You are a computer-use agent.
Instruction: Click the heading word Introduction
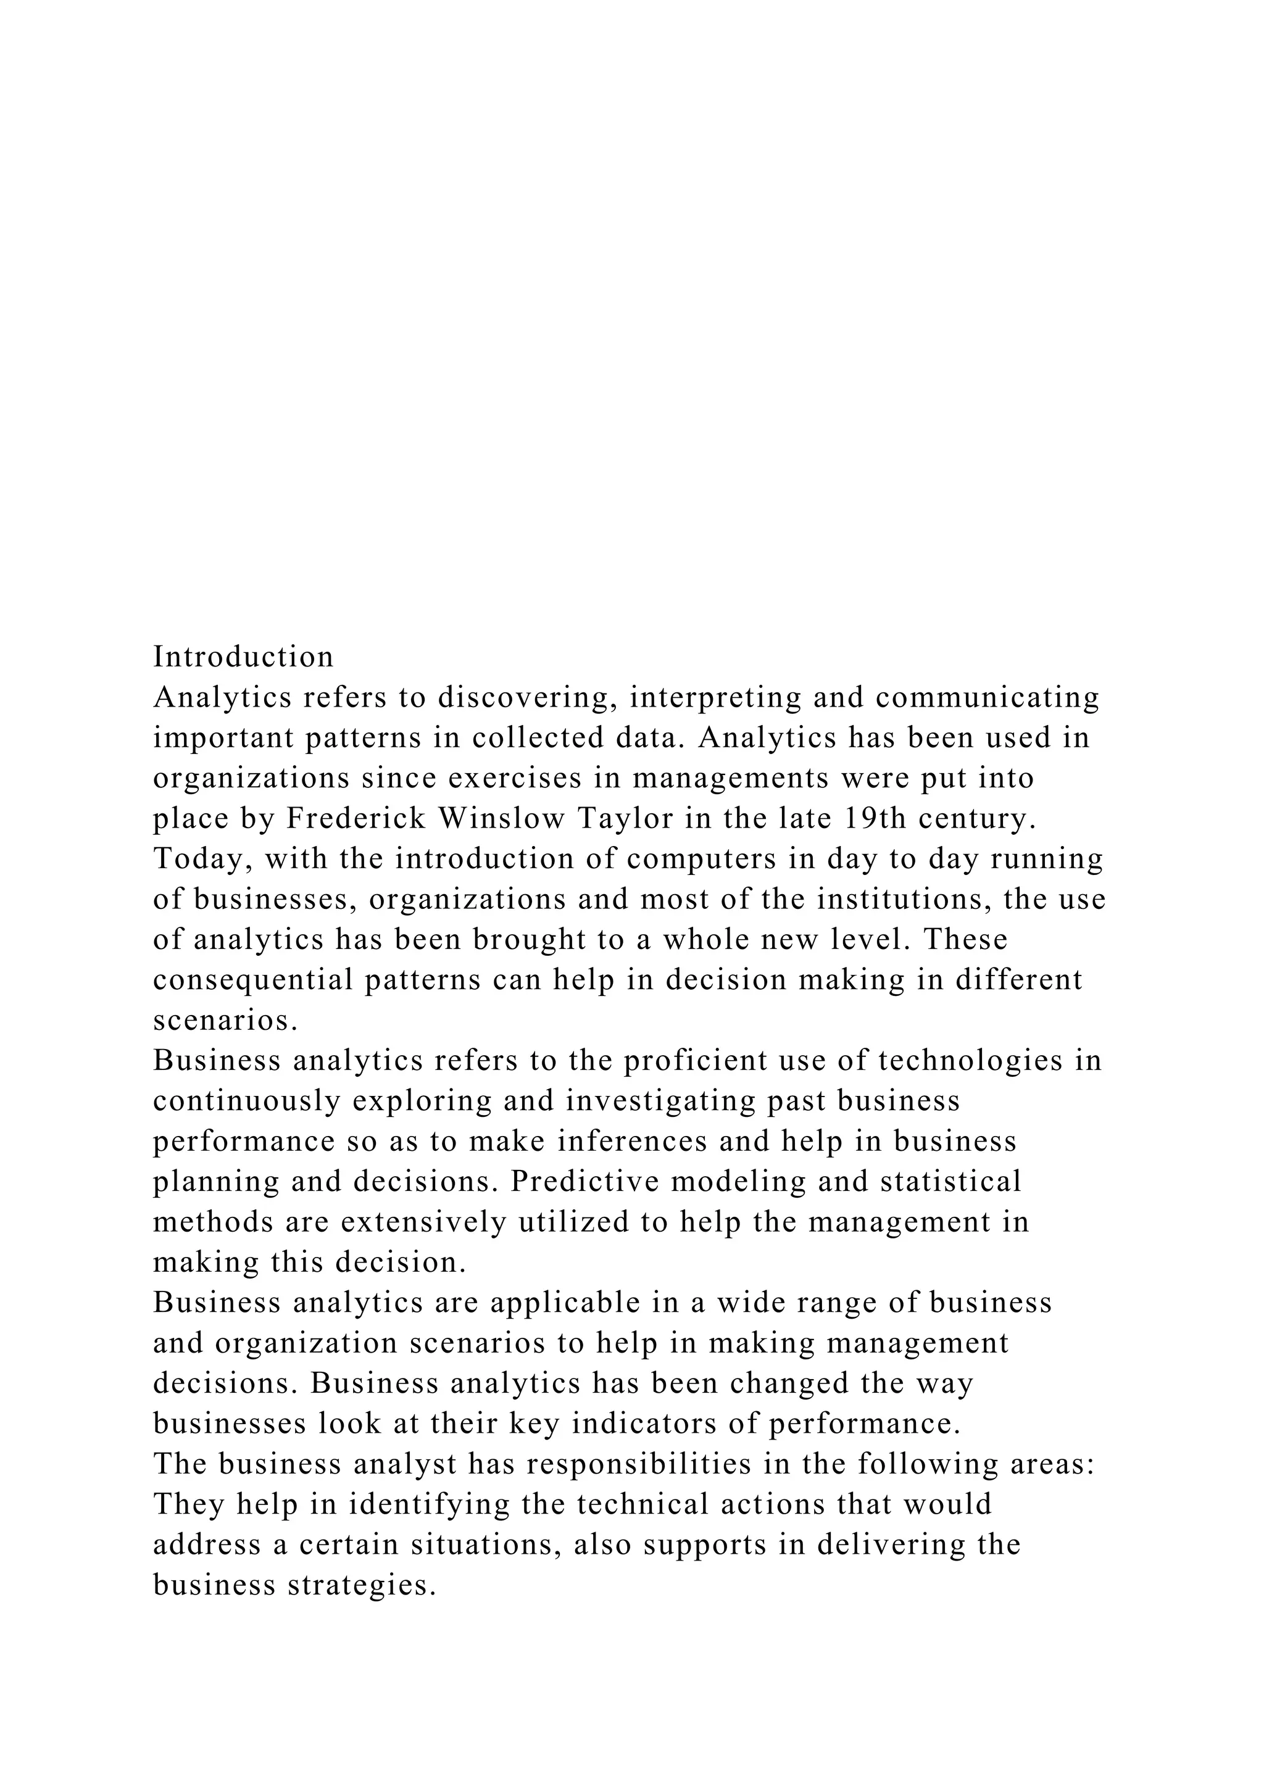coord(243,657)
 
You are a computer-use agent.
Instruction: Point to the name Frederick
coord(357,818)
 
